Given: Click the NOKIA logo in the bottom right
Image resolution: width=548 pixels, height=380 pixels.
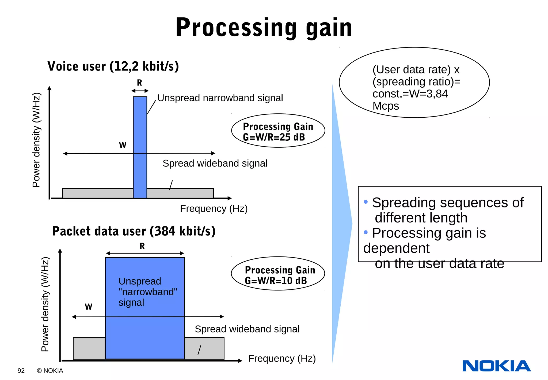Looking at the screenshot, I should pyautogui.click(x=496, y=366).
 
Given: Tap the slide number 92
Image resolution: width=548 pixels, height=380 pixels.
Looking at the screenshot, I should pyautogui.click(x=21, y=371).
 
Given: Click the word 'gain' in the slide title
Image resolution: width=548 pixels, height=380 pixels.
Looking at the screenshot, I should pyautogui.click(x=329, y=28).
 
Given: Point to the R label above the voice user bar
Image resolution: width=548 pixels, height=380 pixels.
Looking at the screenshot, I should pyautogui.click(x=139, y=83).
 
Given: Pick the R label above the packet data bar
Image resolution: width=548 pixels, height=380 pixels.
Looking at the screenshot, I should pyautogui.click(x=142, y=246).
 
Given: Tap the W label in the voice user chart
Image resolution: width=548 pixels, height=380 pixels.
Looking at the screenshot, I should pyautogui.click(x=123, y=145).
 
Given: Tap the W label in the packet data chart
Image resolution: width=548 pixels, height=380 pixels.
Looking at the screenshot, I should pyautogui.click(x=89, y=307).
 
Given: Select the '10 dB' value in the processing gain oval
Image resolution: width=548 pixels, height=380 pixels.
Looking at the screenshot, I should pyautogui.click(x=294, y=281).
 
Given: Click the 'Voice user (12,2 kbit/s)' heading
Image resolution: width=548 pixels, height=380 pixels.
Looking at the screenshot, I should pyautogui.click(x=113, y=66).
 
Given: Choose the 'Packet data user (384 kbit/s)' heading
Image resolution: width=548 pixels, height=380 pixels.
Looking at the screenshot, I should pyautogui.click(x=134, y=231).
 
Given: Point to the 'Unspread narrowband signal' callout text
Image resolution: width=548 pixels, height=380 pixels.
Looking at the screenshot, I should pyautogui.click(x=220, y=98).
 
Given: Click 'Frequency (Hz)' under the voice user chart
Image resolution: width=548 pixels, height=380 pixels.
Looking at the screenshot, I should pyautogui.click(x=214, y=208).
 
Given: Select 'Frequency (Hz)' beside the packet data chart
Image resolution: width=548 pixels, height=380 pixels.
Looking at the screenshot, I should pyautogui.click(x=282, y=358).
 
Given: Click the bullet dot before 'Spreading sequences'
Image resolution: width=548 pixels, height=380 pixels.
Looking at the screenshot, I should pyautogui.click(x=366, y=202).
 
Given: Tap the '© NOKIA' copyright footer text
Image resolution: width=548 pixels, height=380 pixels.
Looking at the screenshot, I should pyautogui.click(x=50, y=371).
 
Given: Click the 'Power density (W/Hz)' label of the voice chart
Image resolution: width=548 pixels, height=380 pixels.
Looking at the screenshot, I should pyautogui.click(x=36, y=140).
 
